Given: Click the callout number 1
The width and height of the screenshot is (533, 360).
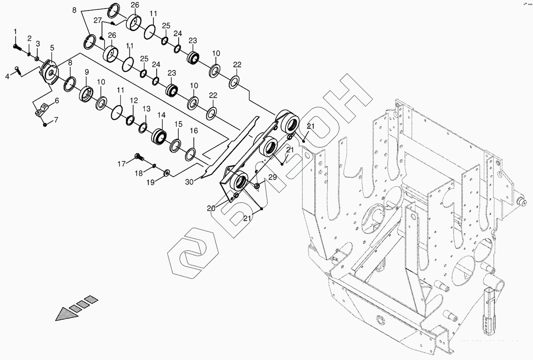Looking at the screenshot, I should [x=15, y=31].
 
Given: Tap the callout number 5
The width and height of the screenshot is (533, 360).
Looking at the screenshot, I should [x=52, y=47].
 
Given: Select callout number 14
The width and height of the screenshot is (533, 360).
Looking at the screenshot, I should [x=161, y=116].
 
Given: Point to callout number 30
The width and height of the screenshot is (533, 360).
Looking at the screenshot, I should [x=190, y=182].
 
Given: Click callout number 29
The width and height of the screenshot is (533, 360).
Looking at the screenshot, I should [x=272, y=177].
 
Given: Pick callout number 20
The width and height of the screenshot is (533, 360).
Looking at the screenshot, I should [x=211, y=208].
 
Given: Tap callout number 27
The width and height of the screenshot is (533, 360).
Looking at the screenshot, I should [x=98, y=21].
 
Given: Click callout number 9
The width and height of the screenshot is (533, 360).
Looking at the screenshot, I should [x=86, y=71].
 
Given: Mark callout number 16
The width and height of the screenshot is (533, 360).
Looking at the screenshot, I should [x=194, y=131].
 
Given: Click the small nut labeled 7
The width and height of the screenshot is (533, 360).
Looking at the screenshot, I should [x=45, y=124].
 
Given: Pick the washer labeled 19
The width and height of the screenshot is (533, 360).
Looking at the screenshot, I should [x=166, y=173].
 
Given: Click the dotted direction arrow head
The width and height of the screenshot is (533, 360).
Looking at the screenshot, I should [x=65, y=314].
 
